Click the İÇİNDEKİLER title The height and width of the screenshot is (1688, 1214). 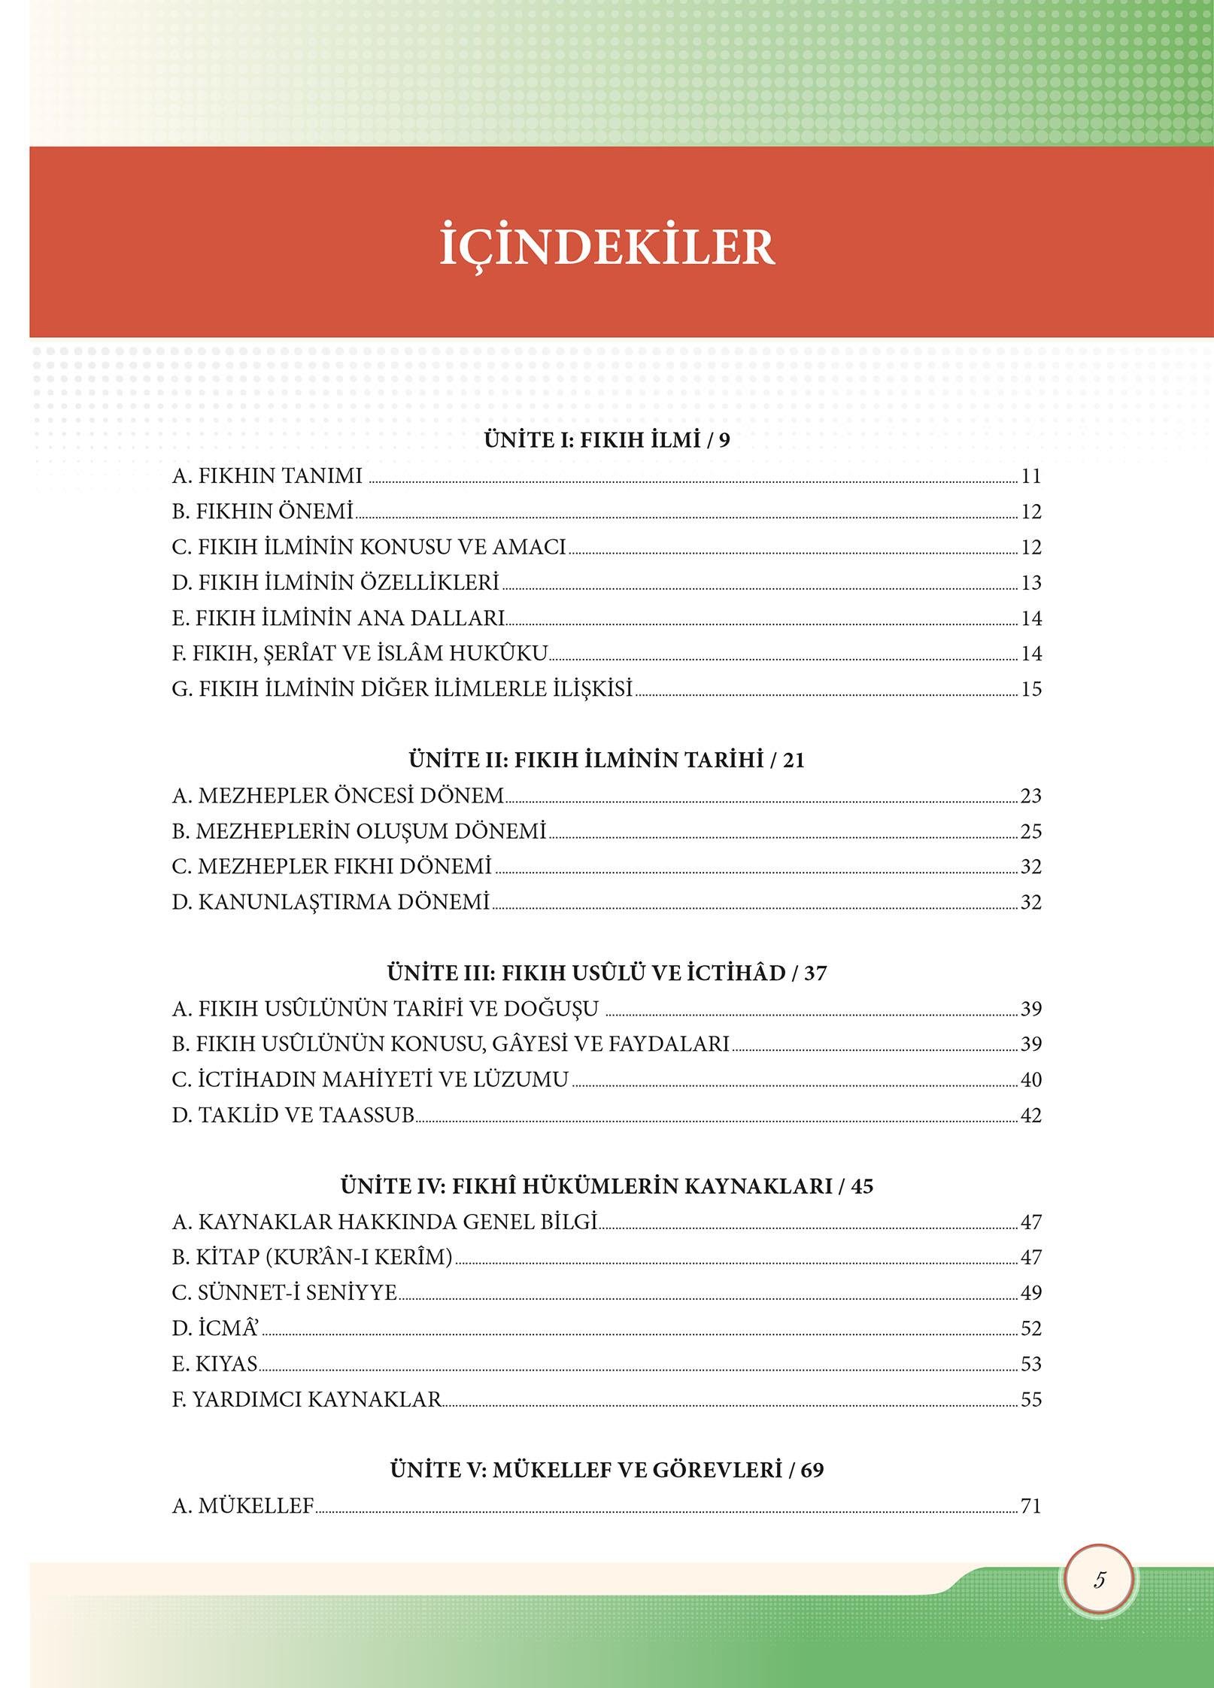(607, 243)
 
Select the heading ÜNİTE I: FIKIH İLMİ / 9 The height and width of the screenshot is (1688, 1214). (607, 440)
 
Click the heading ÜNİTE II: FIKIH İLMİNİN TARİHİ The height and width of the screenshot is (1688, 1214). (607, 760)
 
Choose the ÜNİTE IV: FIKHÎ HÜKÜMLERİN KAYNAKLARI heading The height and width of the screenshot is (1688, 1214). (607, 1186)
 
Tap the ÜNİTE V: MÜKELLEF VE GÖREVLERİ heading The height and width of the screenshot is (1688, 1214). (607, 1469)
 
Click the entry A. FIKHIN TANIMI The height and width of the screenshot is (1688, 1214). (267, 476)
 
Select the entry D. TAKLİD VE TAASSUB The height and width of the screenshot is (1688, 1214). (293, 1115)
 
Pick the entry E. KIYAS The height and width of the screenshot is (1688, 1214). (215, 1363)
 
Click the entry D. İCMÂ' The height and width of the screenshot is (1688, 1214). (216, 1328)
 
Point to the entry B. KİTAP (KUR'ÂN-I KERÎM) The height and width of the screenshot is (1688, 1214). (312, 1257)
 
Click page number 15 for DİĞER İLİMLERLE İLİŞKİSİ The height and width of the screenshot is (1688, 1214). (1031, 689)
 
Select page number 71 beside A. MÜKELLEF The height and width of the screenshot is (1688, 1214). (1031, 1505)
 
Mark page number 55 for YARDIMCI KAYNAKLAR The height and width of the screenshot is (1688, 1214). (1031, 1399)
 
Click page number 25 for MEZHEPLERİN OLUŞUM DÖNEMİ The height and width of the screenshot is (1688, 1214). (1031, 831)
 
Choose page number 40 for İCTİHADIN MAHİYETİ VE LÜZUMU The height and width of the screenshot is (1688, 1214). (1031, 1079)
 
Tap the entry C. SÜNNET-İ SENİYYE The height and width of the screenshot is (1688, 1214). (284, 1292)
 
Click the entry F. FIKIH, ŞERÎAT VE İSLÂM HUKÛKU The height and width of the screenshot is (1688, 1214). (360, 653)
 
